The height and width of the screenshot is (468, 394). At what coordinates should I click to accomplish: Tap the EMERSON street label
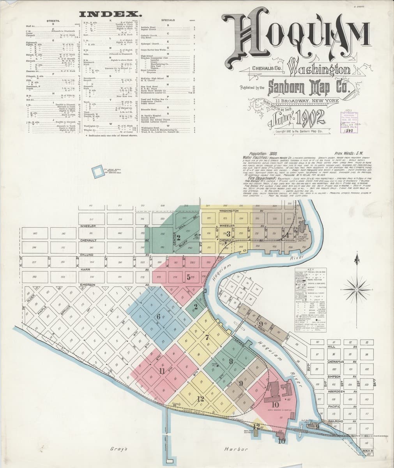pos(88,285)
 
